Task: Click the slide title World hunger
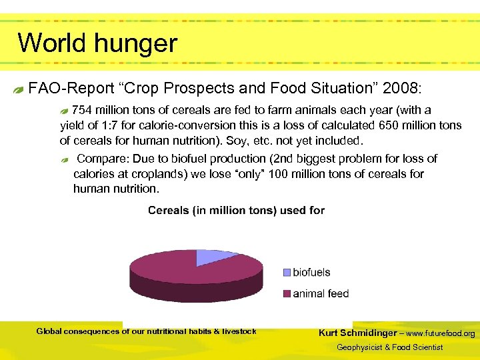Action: click(x=97, y=43)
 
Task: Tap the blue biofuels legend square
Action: click(x=287, y=272)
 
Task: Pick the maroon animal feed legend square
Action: click(x=287, y=293)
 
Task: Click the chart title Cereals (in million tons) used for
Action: click(x=236, y=211)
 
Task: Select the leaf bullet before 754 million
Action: click(x=64, y=110)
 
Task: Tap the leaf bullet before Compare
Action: click(x=65, y=160)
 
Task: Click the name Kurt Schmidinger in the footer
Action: click(x=357, y=333)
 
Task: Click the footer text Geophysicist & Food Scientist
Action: click(x=389, y=347)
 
